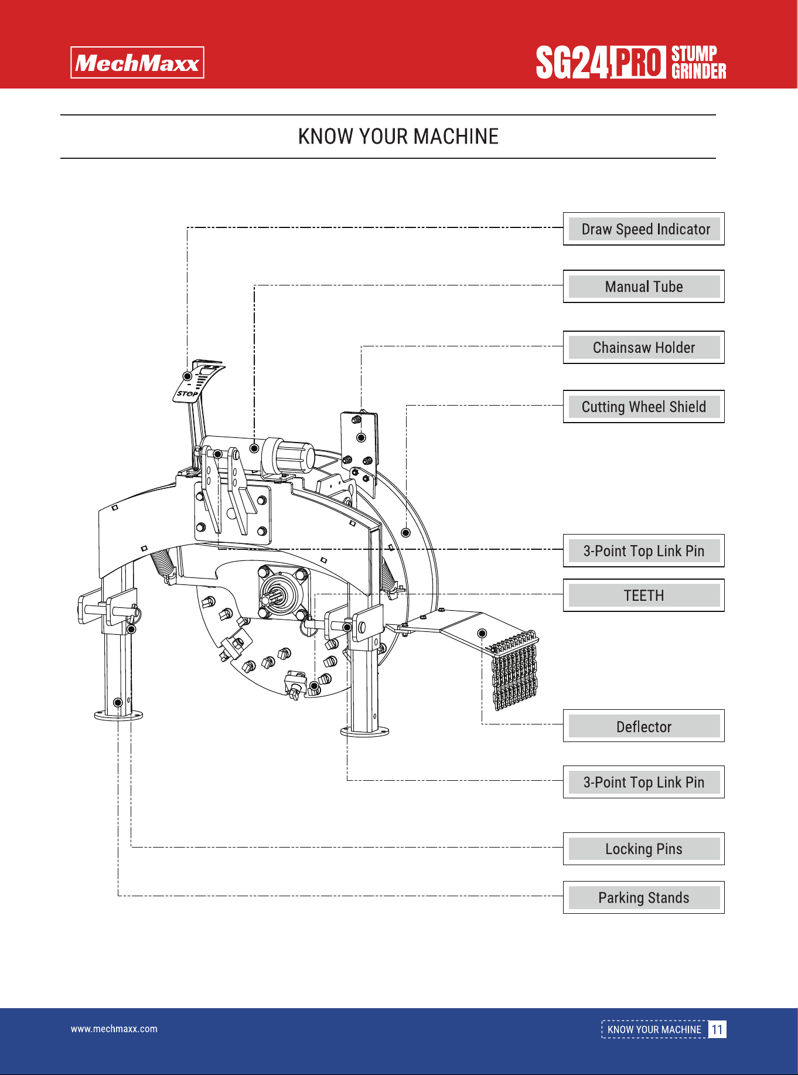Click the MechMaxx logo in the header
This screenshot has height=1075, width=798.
click(x=137, y=63)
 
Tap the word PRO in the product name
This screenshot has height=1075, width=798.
click(x=638, y=62)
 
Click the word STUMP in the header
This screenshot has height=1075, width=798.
click(x=694, y=54)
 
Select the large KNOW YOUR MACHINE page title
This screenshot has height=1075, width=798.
click(x=398, y=137)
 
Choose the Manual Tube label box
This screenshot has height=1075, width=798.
click(x=644, y=287)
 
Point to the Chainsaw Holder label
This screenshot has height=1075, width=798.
click(x=644, y=348)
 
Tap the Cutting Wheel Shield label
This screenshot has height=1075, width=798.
click(x=644, y=407)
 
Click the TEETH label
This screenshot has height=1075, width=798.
click(x=644, y=596)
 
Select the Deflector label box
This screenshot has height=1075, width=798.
click(x=644, y=726)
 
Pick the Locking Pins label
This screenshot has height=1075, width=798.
click(x=644, y=849)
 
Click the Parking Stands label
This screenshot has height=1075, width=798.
click(x=644, y=897)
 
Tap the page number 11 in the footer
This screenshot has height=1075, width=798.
click(x=717, y=1029)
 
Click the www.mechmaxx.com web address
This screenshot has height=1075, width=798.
click(x=114, y=1029)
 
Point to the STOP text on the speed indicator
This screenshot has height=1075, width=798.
click(x=187, y=393)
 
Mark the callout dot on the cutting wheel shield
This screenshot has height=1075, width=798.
click(x=405, y=533)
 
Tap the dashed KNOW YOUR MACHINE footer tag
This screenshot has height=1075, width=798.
click(x=654, y=1029)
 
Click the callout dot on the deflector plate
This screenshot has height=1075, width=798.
click(x=482, y=634)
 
